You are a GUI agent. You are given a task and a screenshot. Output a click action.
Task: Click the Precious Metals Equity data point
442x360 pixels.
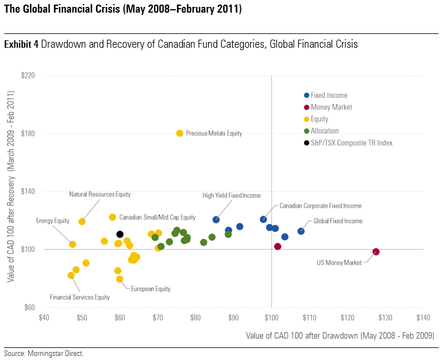[x=180, y=133]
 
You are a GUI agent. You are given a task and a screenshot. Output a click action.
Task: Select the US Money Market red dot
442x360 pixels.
[x=376, y=252]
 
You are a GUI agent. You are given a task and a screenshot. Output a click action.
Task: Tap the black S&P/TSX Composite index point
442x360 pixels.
[x=120, y=235]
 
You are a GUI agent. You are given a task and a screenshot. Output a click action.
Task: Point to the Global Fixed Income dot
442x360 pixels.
[x=301, y=231]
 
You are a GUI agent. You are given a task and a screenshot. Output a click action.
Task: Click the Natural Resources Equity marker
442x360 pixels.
[x=82, y=221]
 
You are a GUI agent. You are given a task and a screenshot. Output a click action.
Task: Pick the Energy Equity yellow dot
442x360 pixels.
[x=72, y=244]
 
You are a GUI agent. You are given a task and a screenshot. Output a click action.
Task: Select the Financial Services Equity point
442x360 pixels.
[x=71, y=275]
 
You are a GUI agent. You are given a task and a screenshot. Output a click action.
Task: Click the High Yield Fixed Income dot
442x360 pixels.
[x=216, y=220]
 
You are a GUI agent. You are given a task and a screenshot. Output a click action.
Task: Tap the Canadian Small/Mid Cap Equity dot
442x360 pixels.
[x=113, y=217]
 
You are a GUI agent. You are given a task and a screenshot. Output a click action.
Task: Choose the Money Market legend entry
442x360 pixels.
[x=331, y=107]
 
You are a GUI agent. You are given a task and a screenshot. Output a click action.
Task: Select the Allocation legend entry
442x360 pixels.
[x=325, y=131]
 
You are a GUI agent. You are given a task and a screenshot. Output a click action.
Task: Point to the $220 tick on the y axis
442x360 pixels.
[x=28, y=75]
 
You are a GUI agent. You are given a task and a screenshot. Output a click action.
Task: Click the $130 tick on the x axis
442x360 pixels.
[x=385, y=317]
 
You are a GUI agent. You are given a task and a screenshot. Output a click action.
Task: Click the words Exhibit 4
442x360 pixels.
[x=21, y=44]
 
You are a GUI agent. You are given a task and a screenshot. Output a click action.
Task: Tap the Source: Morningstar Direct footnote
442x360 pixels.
[x=44, y=353]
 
